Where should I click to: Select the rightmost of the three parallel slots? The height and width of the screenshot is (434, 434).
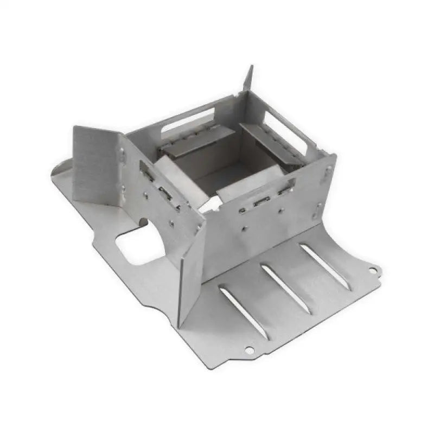[325, 266]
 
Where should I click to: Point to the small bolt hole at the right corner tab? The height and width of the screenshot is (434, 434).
[373, 270]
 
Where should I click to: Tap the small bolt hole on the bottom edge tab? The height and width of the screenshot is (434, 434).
[249, 350]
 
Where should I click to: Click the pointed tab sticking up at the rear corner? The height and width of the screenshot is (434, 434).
[248, 79]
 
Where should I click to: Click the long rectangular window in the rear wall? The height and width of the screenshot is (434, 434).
[187, 120]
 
